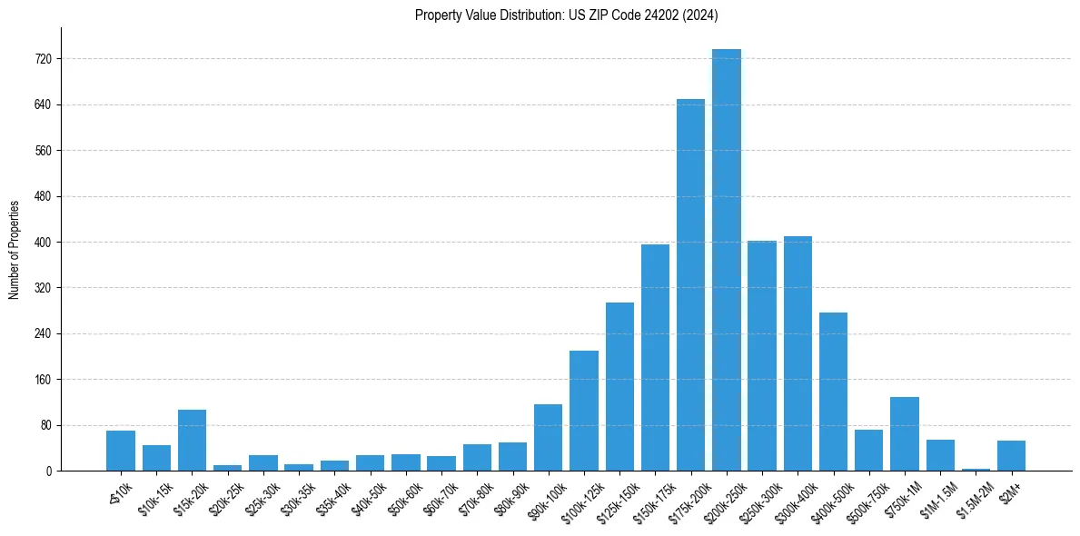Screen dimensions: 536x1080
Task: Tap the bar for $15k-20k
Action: click(x=192, y=441)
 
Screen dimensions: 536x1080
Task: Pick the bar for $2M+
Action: click(x=1011, y=456)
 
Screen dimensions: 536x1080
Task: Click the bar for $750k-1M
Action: click(x=905, y=434)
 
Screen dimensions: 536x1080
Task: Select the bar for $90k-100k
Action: click(x=548, y=438)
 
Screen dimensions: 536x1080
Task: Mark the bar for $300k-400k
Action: click(x=798, y=353)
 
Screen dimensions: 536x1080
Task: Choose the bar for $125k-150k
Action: click(x=619, y=387)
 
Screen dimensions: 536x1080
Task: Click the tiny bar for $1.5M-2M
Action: click(x=976, y=470)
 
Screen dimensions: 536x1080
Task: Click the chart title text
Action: click(x=567, y=15)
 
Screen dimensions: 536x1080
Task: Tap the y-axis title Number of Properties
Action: click(x=15, y=249)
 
